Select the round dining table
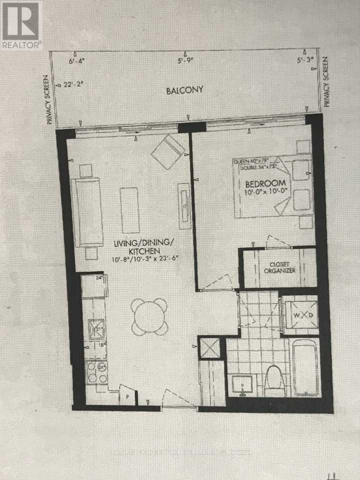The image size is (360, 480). coord(149,316)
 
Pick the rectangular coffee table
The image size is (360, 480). coord(129,210)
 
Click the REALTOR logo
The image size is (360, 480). coord(21,25)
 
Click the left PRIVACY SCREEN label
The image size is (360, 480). coord(49,99)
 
